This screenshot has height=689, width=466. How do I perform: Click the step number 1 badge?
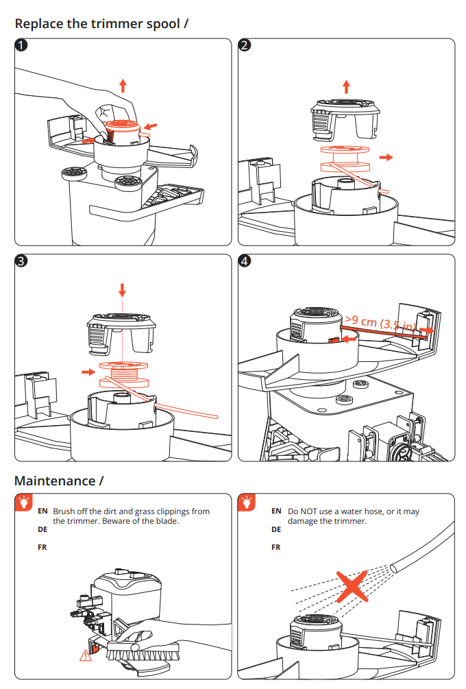[x=22, y=47]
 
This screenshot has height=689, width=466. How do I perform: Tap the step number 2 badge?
[x=245, y=47]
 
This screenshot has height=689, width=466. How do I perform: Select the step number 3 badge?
[x=22, y=263]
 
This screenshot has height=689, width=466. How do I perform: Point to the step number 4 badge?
[x=245, y=263]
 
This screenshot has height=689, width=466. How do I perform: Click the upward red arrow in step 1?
[x=123, y=85]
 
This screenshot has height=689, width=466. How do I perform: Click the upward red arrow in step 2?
[x=346, y=86]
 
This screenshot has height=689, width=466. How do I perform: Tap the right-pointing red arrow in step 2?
[x=387, y=157]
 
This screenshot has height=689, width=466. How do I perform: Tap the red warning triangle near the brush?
[x=86, y=655]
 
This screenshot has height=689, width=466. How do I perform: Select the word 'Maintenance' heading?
[x=56, y=481]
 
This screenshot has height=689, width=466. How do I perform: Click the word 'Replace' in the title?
[x=40, y=23]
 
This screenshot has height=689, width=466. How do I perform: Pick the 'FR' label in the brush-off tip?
[x=42, y=548]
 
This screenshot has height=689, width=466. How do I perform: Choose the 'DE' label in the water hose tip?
[x=276, y=529]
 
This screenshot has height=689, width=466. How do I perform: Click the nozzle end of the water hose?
[x=395, y=567]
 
